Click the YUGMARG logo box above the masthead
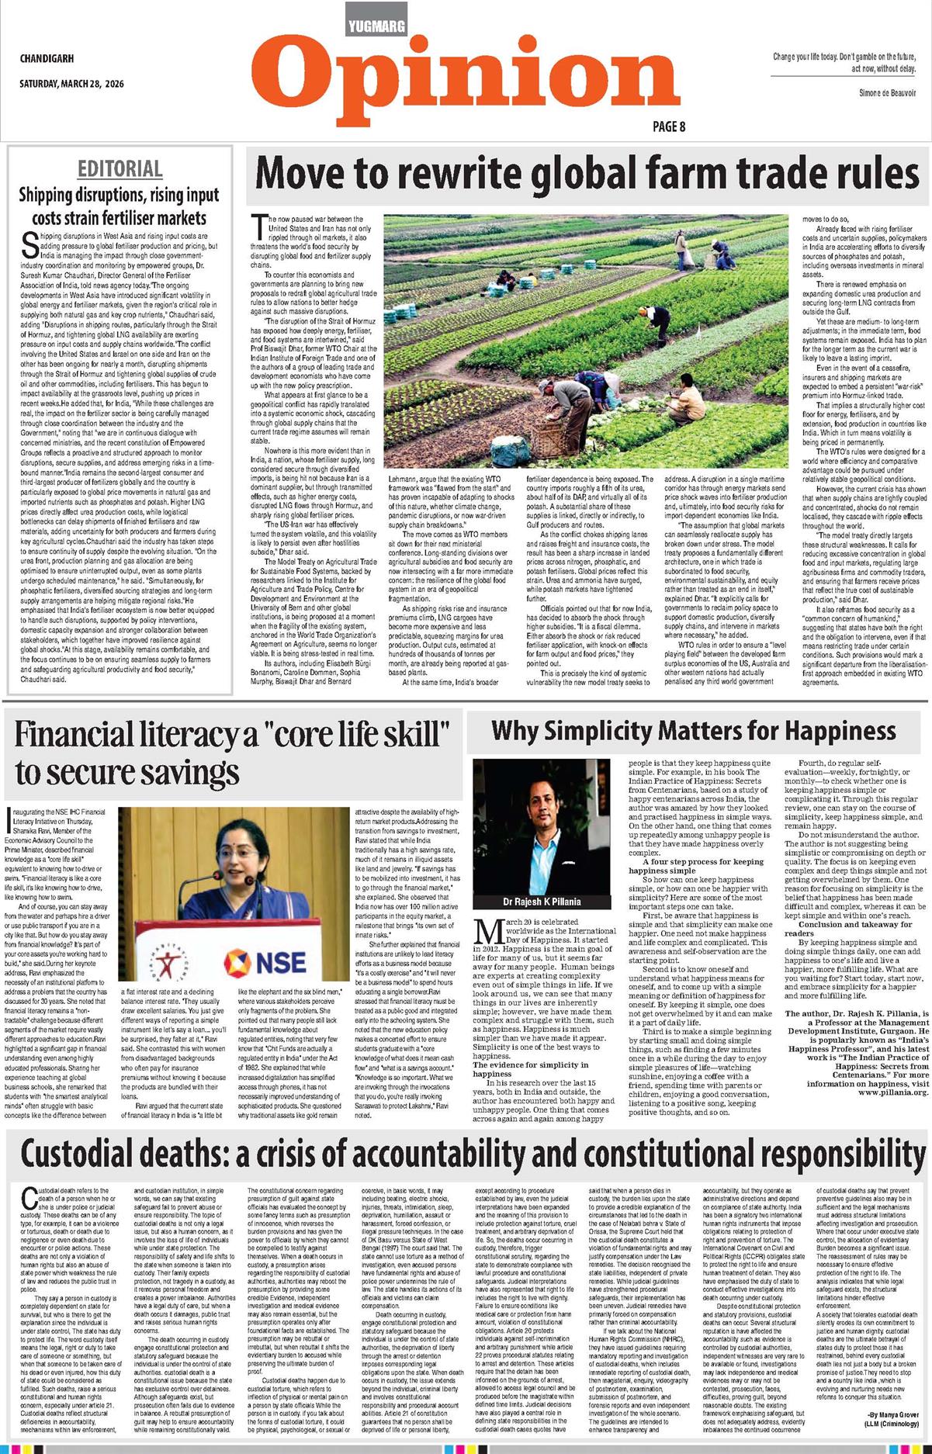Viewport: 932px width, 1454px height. click(x=376, y=26)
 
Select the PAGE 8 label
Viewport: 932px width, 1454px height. click(x=668, y=126)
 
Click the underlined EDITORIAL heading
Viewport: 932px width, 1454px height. click(x=120, y=169)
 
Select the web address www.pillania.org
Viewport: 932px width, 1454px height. click(x=892, y=1092)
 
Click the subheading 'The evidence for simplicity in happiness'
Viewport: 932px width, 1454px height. click(x=531, y=1069)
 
